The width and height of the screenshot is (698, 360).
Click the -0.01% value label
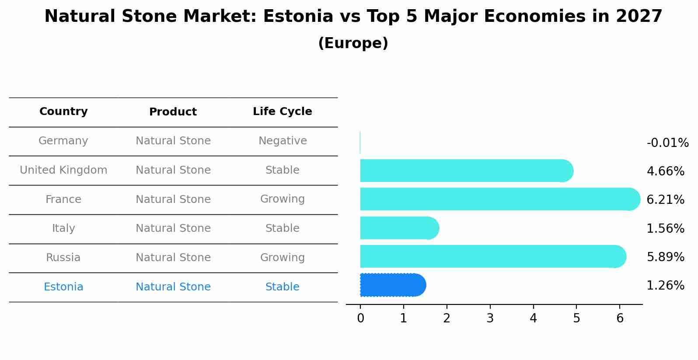click(667, 143)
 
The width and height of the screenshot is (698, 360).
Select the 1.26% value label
click(665, 286)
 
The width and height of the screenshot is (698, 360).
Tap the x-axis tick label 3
click(490, 318)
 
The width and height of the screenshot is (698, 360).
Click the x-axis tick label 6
click(620, 318)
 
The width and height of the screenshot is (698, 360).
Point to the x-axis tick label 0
click(360, 318)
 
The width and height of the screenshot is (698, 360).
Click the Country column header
click(63, 112)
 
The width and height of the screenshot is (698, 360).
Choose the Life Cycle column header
click(283, 112)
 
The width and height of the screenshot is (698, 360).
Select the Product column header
click(173, 112)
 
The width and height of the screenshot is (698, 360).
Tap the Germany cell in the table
click(63, 141)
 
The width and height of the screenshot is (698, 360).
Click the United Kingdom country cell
click(63, 170)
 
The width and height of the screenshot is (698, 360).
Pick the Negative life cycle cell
click(283, 141)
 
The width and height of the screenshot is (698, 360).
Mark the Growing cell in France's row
click(283, 199)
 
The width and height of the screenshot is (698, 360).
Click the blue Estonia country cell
click(63, 287)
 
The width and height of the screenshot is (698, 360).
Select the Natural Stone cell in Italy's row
click(173, 228)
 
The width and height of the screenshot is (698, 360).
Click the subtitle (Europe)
click(353, 43)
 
